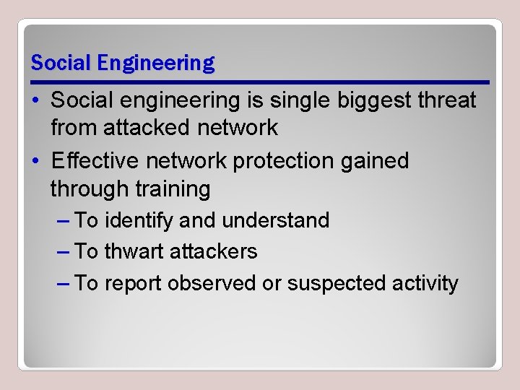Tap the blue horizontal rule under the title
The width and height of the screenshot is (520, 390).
click(x=260, y=81)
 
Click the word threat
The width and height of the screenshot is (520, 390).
click(x=449, y=100)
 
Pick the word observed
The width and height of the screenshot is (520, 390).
click(x=211, y=283)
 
